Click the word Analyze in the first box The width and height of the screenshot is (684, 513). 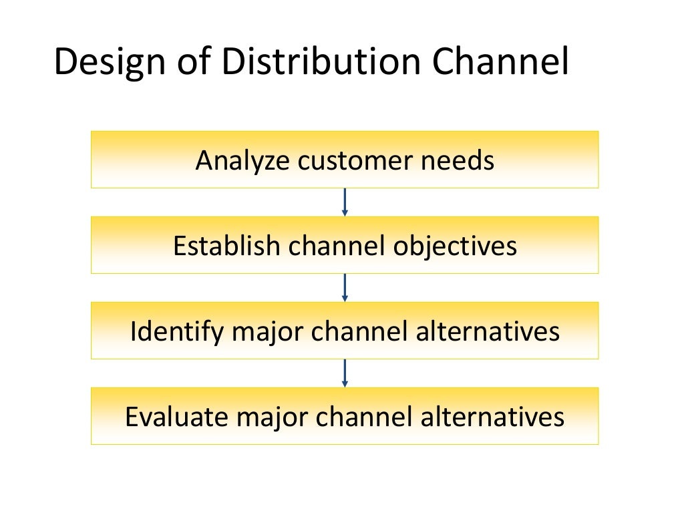pos(242,161)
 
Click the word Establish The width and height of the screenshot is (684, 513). pos(226,246)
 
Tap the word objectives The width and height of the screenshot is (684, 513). pos(455,246)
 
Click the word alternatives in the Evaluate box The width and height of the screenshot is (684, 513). pos(493,417)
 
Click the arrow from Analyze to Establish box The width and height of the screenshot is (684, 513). pos(345,202)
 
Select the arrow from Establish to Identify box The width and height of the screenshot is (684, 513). pos(345,287)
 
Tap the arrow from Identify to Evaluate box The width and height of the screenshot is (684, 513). pos(345,373)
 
